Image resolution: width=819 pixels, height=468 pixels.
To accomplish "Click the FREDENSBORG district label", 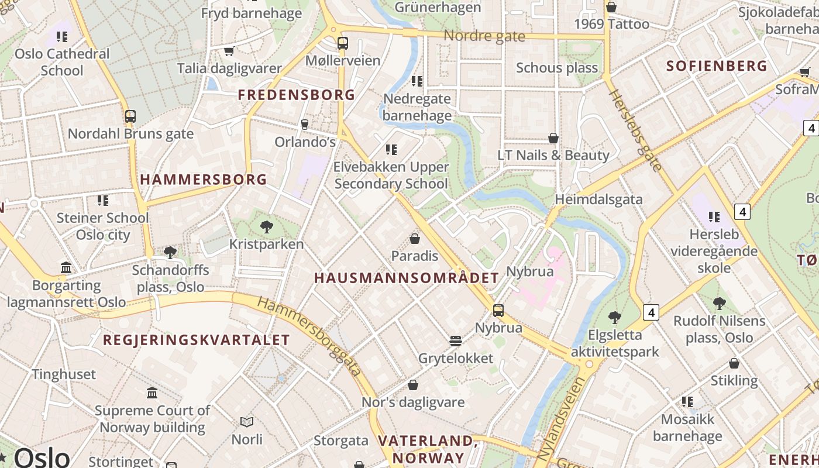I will click(x=297, y=95).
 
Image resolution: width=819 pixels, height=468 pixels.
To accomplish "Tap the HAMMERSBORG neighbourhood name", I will click(x=204, y=180).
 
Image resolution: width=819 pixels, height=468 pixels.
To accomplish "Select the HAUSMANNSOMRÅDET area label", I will click(x=407, y=278).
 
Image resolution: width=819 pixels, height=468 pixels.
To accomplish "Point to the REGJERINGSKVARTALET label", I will click(x=197, y=340).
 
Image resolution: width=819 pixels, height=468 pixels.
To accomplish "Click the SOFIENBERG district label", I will click(x=717, y=66).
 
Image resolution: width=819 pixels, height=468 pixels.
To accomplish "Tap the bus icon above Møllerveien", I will click(x=343, y=43).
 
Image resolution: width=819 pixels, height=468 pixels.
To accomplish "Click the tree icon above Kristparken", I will click(x=266, y=226).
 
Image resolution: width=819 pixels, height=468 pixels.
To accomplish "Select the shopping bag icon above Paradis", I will click(x=415, y=239).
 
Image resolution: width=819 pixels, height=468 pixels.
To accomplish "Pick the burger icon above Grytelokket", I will click(x=456, y=340).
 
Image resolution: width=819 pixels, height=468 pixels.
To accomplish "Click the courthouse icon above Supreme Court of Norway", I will click(x=153, y=393).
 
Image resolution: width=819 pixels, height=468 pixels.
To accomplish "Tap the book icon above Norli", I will click(x=247, y=422).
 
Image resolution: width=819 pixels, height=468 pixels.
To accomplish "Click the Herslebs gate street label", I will click(x=635, y=130).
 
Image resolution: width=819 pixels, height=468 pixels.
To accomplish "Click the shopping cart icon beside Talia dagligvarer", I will click(x=229, y=51).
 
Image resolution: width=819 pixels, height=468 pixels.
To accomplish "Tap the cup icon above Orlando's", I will click(x=304, y=124).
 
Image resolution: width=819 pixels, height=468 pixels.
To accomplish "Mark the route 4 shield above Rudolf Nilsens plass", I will click(x=651, y=312).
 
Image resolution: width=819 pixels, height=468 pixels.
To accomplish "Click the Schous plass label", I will click(x=557, y=68).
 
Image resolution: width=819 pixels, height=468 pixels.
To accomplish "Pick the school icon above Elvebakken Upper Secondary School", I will click(x=391, y=150).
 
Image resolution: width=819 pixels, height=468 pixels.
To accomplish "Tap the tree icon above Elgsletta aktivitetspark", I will click(x=614, y=318).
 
